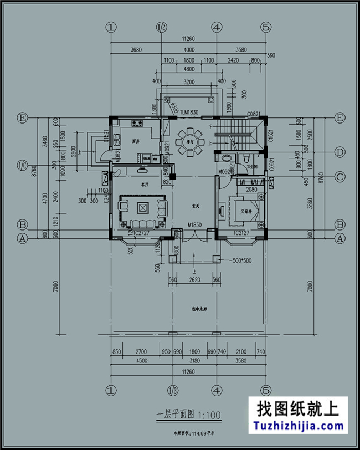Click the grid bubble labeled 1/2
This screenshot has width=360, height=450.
pyautogui.click(x=162, y=27)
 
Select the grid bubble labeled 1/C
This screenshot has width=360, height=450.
pyautogui.click(x=23, y=165)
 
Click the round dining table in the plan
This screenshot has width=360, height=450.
pyautogui.click(x=190, y=140)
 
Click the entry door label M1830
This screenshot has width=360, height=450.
pyautogui.click(x=194, y=226)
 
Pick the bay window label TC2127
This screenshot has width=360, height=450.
pyautogui.click(x=241, y=233)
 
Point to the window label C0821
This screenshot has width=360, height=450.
pyautogui.click(x=254, y=113)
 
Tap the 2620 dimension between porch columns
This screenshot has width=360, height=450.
pyautogui.click(x=194, y=280)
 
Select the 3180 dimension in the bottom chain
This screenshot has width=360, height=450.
pyautogui.click(x=193, y=361)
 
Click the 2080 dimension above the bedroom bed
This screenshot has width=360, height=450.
pyautogui.click(x=251, y=190)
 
